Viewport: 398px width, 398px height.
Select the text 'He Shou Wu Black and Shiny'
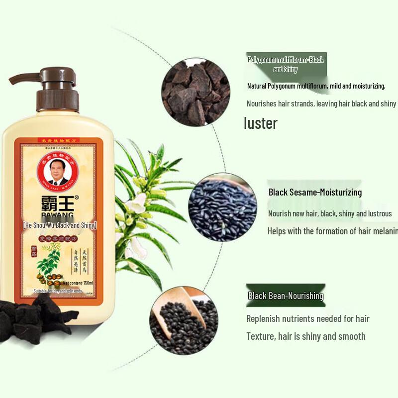point(60,225)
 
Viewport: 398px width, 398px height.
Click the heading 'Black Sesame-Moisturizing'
point(315,192)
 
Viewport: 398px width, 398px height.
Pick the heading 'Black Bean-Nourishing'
point(286,296)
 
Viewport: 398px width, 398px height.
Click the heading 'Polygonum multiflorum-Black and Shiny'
point(286,64)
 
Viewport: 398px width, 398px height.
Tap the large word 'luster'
point(260,123)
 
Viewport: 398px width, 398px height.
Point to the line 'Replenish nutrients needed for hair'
point(308,318)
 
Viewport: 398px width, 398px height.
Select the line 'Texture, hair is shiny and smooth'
point(306,336)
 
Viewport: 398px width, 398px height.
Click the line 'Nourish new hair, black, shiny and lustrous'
point(330,213)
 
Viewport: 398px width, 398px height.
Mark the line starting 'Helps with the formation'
point(332,231)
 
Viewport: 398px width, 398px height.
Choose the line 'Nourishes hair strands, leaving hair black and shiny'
point(321,103)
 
